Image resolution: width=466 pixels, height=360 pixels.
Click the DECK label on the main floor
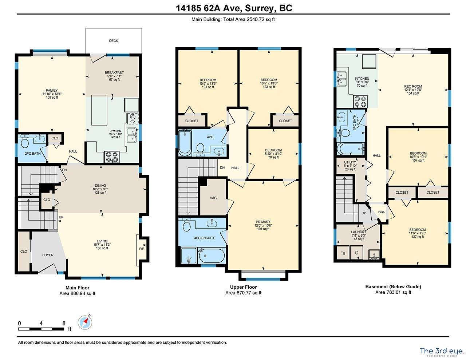click(114, 41)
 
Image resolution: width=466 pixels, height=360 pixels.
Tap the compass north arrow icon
click(85, 322)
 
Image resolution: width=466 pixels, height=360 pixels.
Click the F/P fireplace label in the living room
click(142, 249)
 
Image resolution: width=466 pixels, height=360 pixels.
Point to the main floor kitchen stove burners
click(112, 157)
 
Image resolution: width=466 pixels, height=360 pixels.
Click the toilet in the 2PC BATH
click(25, 142)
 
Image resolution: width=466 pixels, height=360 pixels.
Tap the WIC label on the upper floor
click(213, 198)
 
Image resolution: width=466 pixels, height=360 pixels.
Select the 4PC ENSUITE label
click(204, 238)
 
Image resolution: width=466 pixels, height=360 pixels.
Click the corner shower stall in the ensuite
click(189, 256)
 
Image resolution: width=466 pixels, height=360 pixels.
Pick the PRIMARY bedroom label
click(263, 222)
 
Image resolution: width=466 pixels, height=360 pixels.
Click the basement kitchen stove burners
click(360, 102)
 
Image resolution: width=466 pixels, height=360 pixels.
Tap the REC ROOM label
click(413, 86)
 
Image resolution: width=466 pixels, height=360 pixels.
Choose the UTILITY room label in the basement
click(350, 162)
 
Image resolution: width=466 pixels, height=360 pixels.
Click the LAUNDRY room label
click(359, 232)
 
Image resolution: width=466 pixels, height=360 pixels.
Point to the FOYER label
click(48, 255)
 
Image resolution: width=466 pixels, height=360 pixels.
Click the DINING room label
click(100, 186)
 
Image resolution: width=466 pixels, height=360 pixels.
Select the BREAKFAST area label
click(114, 73)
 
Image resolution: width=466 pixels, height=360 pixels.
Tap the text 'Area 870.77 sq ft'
click(244, 293)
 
